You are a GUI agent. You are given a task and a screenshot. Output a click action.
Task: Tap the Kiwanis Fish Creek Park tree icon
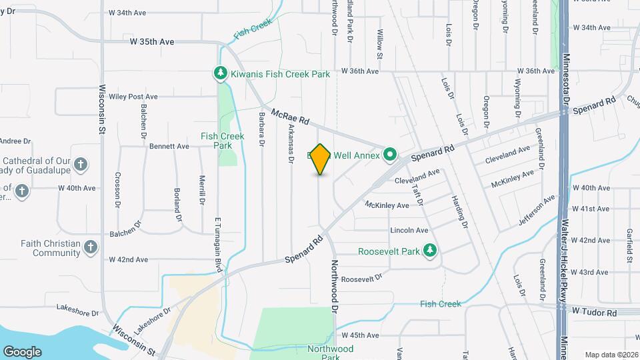(219, 73)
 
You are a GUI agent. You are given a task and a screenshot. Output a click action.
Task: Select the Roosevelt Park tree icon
(431, 251)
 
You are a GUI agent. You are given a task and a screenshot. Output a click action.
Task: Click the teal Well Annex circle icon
(390, 155)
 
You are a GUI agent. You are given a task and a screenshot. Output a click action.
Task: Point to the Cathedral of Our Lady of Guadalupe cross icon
(80, 164)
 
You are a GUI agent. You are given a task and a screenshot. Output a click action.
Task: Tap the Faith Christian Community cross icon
(91, 248)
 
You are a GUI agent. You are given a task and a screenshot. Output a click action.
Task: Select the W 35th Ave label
(152, 42)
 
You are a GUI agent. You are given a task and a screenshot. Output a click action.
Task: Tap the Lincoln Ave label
(409, 230)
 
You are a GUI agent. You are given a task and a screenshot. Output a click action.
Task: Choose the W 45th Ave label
(360, 335)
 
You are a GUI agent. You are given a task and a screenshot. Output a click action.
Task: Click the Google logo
(22, 351)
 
